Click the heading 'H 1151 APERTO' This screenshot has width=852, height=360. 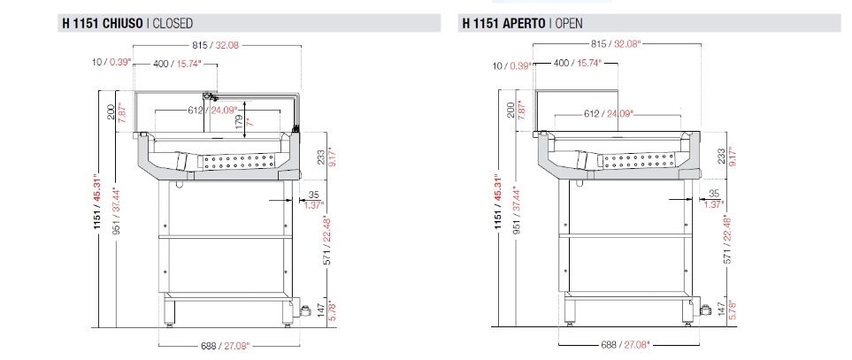[x=504, y=23]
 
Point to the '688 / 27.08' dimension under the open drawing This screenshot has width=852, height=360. [x=625, y=344]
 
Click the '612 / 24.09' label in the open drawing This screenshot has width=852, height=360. [x=609, y=113]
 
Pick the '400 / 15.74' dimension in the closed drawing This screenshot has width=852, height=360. [x=177, y=64]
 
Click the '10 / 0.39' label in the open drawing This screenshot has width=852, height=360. [x=511, y=65]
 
